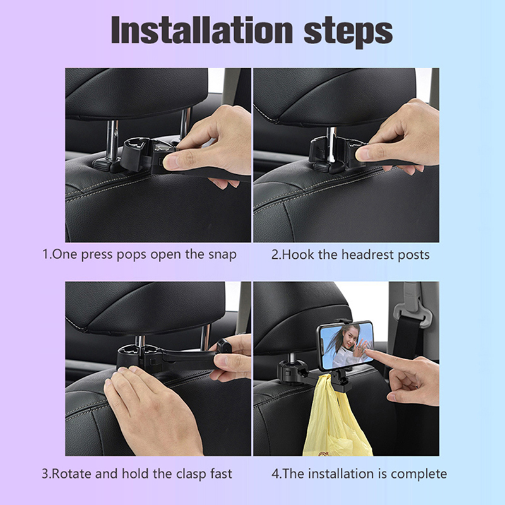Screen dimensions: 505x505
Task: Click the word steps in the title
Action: pyautogui.click(x=348, y=32)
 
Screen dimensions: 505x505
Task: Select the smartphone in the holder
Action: pyautogui.click(x=345, y=346)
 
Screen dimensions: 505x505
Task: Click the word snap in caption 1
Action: pyautogui.click(x=222, y=255)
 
